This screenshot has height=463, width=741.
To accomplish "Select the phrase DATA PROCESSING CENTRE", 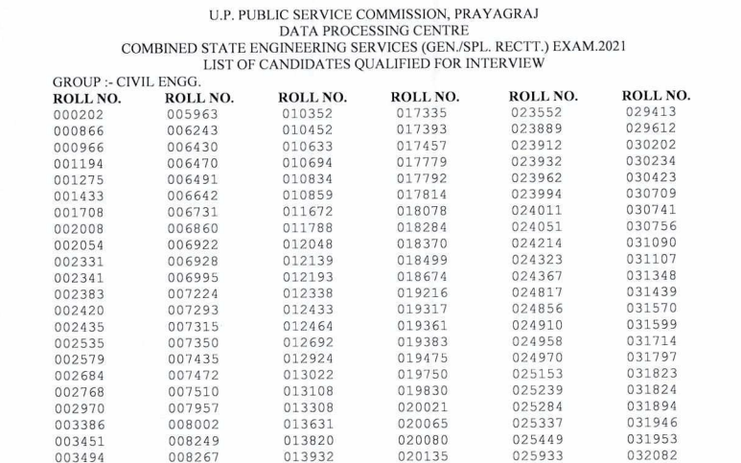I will [371, 31].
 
